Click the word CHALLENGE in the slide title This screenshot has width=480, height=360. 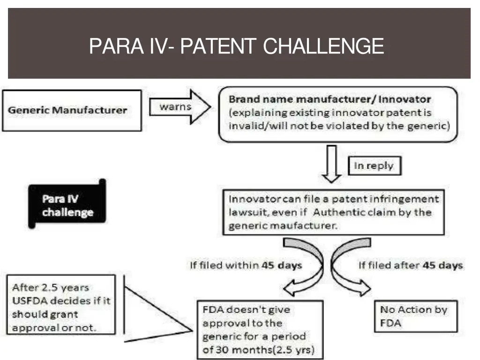pos(323,46)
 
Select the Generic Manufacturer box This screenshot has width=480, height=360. pos(72,111)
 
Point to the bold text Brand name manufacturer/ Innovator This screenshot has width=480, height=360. pos(330,100)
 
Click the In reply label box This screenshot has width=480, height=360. pos(374,166)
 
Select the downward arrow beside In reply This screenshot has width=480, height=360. pos(332,164)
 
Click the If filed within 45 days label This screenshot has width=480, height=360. pos(246,265)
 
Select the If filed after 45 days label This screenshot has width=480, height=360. pos(411,265)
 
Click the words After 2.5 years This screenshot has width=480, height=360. pos(51,287)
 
